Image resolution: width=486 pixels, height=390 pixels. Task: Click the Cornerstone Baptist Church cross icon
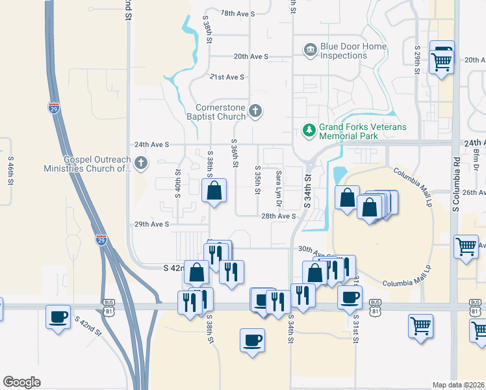[255, 112]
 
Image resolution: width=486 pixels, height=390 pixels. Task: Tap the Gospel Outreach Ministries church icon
[141, 162]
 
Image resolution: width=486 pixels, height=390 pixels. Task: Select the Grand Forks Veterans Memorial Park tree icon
[309, 131]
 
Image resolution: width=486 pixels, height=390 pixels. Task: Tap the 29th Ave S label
[151, 224]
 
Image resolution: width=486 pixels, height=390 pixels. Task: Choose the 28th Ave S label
[278, 216]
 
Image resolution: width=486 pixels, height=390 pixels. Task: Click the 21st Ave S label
[226, 77]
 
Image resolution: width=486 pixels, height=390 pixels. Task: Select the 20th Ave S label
[251, 57]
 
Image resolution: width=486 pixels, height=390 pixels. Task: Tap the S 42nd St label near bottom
[89, 326]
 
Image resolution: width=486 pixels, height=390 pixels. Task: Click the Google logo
[21, 382]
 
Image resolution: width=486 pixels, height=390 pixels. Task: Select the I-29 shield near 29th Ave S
[101, 240]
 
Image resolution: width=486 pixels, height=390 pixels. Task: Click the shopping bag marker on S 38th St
[214, 192]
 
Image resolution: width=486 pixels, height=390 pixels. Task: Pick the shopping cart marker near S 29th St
[442, 62]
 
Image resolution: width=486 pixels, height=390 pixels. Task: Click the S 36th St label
[235, 153]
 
